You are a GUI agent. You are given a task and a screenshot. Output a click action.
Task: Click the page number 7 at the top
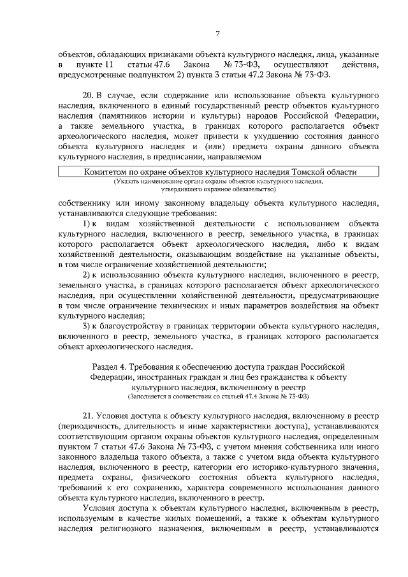(217, 34)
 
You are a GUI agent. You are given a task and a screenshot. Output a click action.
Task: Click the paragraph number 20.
(89, 95)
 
